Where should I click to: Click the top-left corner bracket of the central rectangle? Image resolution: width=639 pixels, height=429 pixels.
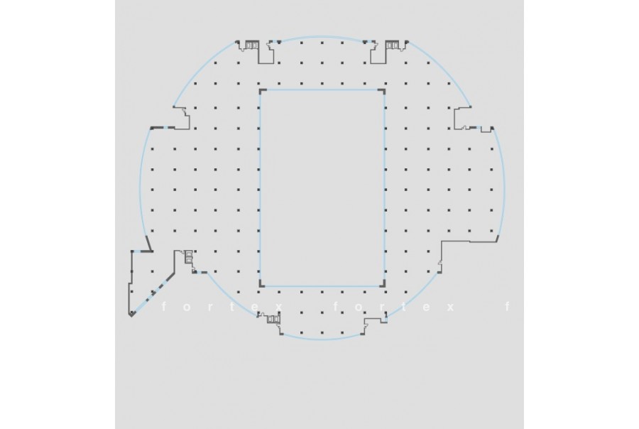pyautogui.click(x=261, y=90)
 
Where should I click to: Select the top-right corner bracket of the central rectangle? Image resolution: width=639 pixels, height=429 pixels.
pyautogui.click(x=383, y=90)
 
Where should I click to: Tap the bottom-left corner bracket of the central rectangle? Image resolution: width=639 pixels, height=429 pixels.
pyautogui.click(x=261, y=285)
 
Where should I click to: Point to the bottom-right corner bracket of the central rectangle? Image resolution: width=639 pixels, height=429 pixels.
pyautogui.click(x=383, y=285)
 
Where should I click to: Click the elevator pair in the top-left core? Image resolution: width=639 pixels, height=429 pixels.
pyautogui.click(x=251, y=45)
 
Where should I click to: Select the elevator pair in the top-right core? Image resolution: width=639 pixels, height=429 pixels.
pyautogui.click(x=392, y=45)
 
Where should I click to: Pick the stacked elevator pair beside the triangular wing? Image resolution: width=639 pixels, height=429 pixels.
pyautogui.click(x=189, y=257)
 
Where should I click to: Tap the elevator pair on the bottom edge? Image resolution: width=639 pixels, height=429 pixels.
pyautogui.click(x=273, y=320)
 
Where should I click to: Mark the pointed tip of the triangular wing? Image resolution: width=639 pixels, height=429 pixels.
pyautogui.click(x=131, y=315)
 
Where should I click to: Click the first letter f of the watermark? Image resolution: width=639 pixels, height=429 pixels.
pyautogui.click(x=164, y=307)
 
